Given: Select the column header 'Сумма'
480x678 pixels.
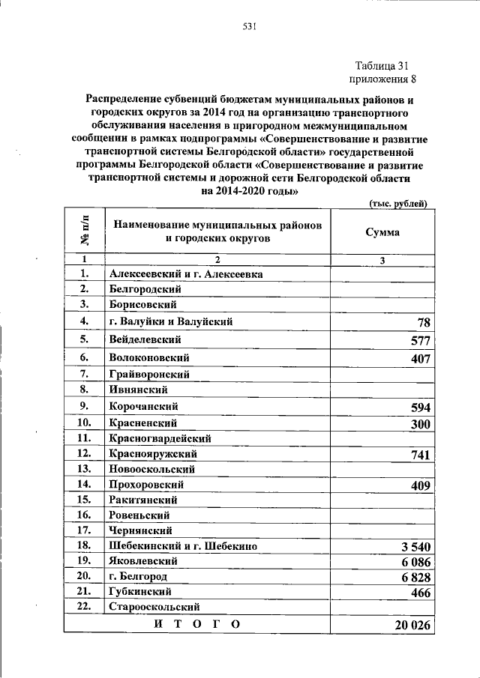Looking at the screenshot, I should (x=382, y=232).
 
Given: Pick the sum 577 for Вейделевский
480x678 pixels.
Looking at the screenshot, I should (x=420, y=341).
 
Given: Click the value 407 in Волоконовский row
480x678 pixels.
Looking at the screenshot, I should (x=420, y=359).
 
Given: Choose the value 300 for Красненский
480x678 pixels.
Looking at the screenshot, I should (x=420, y=423).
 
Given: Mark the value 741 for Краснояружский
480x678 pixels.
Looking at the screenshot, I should (x=420, y=455).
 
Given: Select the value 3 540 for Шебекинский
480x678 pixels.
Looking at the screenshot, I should (x=414, y=548).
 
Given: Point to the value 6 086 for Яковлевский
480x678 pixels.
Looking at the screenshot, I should (x=414, y=562).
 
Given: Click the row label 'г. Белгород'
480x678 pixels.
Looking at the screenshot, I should (x=138, y=576).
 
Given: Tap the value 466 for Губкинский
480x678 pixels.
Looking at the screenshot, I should (x=420, y=592).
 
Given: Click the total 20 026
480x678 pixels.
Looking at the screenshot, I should (x=411, y=626).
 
